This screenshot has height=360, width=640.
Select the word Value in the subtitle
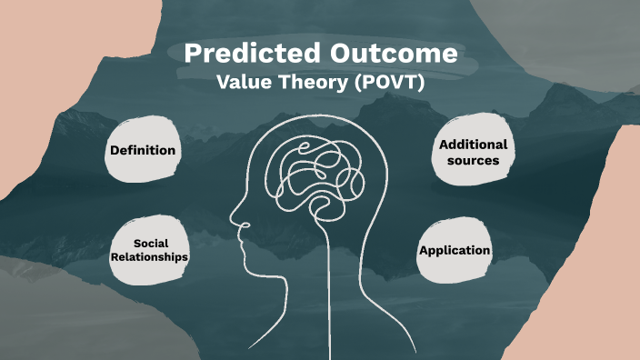[x=242, y=82]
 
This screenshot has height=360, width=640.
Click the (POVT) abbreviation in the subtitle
[x=387, y=82]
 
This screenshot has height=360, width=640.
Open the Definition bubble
[x=142, y=150]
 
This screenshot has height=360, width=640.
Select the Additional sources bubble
[x=473, y=152]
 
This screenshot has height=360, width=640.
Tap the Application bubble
[x=455, y=250]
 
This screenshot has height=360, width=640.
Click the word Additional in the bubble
[x=473, y=145]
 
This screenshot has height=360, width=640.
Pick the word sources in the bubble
[x=473, y=160]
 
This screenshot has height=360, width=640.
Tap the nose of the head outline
[x=233, y=221]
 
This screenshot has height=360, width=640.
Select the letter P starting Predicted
[x=192, y=54]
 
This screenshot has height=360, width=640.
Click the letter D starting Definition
[x=114, y=150]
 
